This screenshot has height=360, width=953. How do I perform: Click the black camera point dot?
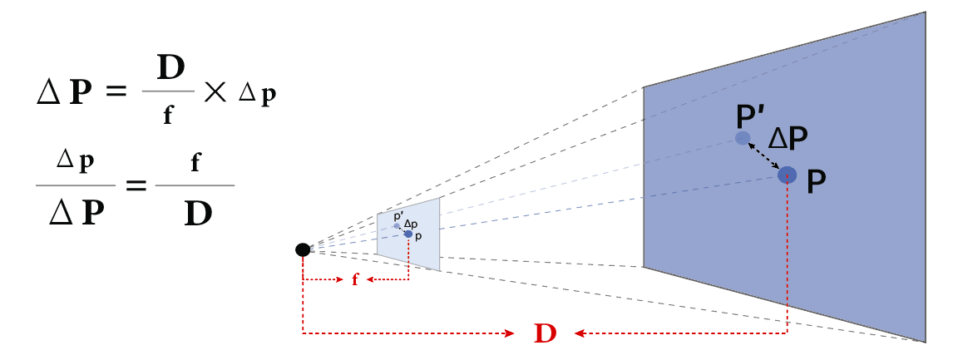pos(303,249)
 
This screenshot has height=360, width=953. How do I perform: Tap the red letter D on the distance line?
pos(546,334)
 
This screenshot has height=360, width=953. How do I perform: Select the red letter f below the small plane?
pos(356,279)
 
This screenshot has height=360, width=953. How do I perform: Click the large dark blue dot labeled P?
pos(787,175)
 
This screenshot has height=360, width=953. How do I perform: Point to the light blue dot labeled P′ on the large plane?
pos(742,138)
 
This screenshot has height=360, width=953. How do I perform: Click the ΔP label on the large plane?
pos(788,139)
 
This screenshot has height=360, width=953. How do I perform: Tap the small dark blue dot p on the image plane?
pos(408,234)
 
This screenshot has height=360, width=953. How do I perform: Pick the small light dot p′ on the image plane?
pos(397,225)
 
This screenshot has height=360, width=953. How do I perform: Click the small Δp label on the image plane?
pos(411,224)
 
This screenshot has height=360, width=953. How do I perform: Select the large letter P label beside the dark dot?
pos(817,182)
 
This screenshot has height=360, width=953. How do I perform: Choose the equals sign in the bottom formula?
pos(136,185)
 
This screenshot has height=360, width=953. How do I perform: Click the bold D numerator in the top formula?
pos(170,69)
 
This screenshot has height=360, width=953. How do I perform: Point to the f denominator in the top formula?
pos(168,115)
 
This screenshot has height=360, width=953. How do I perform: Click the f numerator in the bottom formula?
pos(195,163)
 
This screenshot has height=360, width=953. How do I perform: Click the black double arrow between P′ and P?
pos(764,155)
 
